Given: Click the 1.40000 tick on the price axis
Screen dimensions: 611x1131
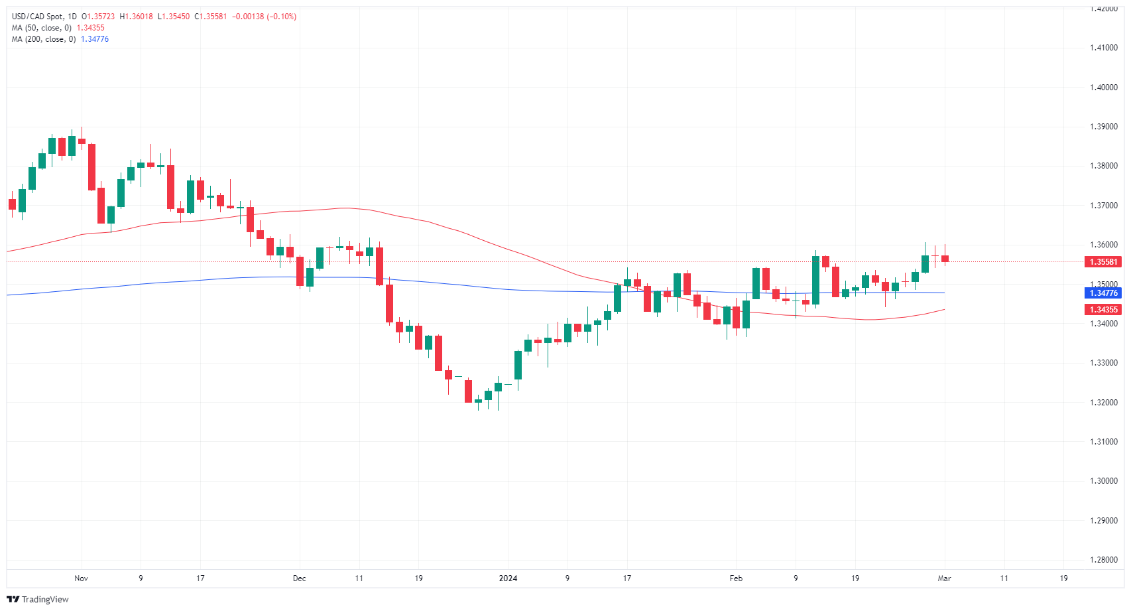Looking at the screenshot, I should tap(1103, 87).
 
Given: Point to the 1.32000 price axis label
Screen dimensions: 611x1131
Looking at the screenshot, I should tap(1103, 402).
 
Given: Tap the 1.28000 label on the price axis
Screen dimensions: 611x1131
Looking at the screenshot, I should tap(1103, 560).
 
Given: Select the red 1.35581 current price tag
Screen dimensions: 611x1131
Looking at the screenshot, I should tap(1104, 262).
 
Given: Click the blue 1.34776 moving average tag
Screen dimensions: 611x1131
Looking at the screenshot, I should tap(1104, 293).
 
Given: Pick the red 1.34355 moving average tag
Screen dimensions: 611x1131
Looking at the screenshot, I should tap(1104, 310).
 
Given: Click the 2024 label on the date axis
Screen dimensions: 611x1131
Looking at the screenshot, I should tap(508, 578).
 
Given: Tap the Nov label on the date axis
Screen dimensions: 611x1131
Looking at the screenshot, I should tap(81, 578).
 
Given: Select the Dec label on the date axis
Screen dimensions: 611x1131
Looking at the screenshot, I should tap(300, 578).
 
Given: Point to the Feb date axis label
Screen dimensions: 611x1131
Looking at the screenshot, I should tap(736, 578).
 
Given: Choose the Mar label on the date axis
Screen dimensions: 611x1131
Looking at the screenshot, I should tap(944, 578).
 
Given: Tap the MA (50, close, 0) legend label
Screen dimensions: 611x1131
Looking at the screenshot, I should tap(42, 28).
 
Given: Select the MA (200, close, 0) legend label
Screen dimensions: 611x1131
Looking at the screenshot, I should tap(44, 39).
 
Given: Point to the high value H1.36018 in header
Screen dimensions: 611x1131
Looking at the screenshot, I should tap(137, 17).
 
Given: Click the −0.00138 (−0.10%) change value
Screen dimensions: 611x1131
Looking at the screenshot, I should tap(265, 17).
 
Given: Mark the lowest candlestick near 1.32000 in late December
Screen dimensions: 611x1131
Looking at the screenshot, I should tap(478, 401).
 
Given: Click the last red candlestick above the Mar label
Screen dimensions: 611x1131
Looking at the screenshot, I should tap(945, 258).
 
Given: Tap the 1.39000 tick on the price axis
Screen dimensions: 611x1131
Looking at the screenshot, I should tap(1103, 127).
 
